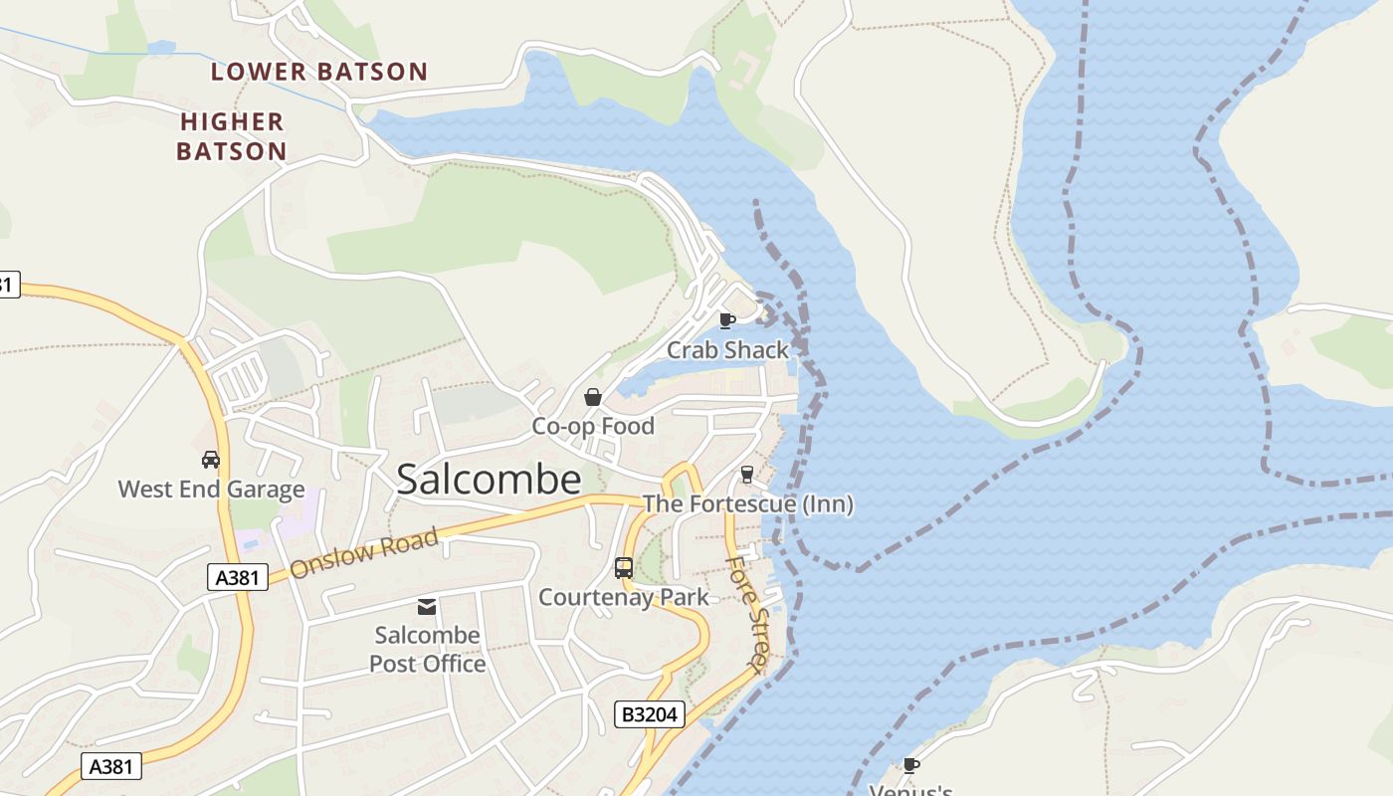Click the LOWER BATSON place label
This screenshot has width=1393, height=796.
pyautogui.click(x=319, y=72)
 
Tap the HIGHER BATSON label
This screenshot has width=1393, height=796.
pyautogui.click(x=232, y=136)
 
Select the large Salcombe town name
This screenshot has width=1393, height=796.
pyautogui.click(x=489, y=480)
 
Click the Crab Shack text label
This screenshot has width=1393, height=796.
pyautogui.click(x=727, y=350)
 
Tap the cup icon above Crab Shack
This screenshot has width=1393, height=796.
pyautogui.click(x=727, y=319)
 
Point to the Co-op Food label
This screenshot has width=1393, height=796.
pyautogui.click(x=593, y=426)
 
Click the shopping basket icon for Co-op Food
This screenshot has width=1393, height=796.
pyautogui.click(x=593, y=397)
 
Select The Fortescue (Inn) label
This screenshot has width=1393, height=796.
pyautogui.click(x=748, y=504)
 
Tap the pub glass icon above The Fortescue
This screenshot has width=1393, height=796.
pyautogui.click(x=747, y=475)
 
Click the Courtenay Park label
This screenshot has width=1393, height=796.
pyautogui.click(x=624, y=597)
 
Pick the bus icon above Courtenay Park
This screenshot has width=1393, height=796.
pyautogui.click(x=624, y=568)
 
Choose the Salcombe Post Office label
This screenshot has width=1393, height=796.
pyautogui.click(x=428, y=649)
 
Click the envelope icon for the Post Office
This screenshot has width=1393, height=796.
pyautogui.click(x=427, y=606)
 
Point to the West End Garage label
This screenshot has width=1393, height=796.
pyautogui.click(x=211, y=490)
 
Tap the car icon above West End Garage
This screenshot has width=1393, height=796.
pyautogui.click(x=211, y=459)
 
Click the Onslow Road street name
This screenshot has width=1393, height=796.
pyautogui.click(x=364, y=553)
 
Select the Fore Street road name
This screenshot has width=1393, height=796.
pyautogui.click(x=749, y=614)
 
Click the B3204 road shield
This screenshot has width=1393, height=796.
pyautogui.click(x=650, y=714)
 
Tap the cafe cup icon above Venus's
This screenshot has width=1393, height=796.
pyautogui.click(x=910, y=764)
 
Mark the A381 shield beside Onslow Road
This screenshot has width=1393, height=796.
pyautogui.click(x=238, y=577)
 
